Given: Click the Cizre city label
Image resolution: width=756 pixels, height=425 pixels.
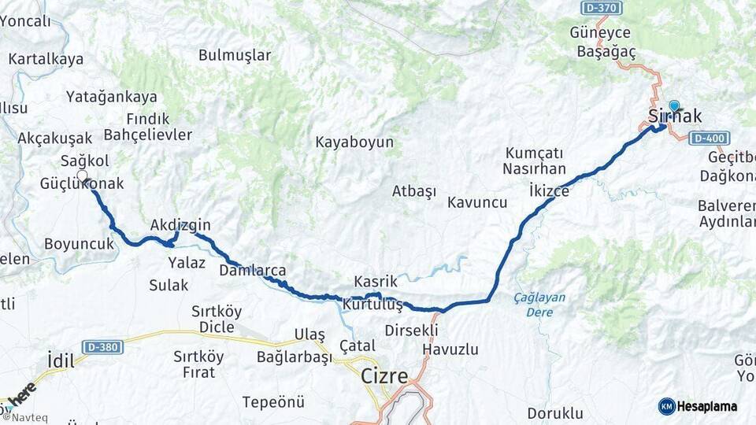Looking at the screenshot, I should point(384,376).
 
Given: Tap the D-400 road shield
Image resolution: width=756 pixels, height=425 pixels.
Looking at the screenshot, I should point(709,139).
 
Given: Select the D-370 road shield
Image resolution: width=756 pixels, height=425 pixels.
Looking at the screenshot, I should point(602,8).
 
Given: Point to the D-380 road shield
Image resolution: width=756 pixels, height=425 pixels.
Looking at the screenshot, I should point(102,347).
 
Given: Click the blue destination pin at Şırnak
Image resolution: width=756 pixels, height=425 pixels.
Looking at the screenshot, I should point(674,106).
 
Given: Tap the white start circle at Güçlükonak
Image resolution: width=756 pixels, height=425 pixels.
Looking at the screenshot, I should point(82,175).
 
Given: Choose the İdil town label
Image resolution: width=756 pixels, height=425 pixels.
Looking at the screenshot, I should point(61,361).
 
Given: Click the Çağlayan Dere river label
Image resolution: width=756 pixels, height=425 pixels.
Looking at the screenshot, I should point(539,305).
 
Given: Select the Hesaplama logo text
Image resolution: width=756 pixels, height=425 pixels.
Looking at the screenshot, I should point(707,407).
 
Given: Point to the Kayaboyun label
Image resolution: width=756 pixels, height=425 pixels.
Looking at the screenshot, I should point(354,143).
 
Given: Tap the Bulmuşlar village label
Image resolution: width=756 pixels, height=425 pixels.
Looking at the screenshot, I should point(235,55).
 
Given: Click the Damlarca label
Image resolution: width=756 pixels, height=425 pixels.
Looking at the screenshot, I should point(252,271).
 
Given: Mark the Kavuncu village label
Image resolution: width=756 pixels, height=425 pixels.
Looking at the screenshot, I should point(477,202).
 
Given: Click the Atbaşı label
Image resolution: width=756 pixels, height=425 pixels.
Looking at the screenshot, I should point(414,191).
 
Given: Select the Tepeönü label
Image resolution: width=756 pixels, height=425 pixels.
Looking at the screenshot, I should point(273,402).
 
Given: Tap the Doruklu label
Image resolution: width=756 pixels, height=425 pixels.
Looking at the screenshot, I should point(555,413).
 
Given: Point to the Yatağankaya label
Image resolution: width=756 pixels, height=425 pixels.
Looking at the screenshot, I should point(112,97).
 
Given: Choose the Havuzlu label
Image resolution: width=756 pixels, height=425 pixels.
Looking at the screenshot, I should point(450,349).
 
